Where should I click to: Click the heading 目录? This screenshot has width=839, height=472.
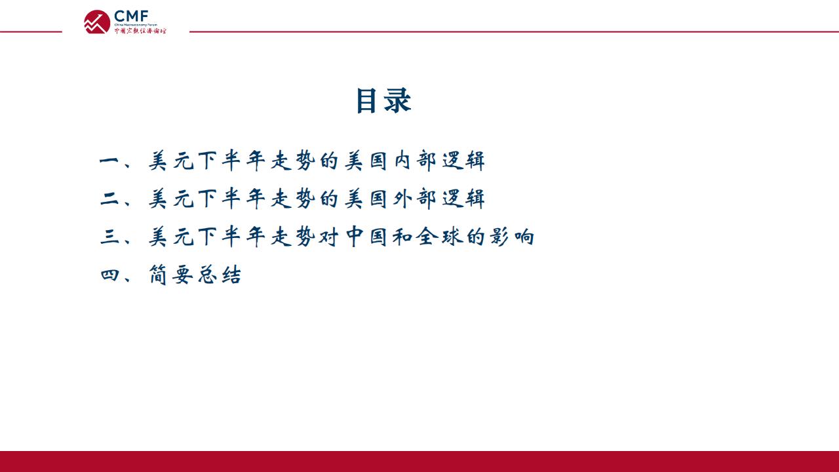point(383,100)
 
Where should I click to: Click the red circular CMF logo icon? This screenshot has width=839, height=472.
point(97,22)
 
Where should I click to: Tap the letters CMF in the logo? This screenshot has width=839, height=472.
point(131,16)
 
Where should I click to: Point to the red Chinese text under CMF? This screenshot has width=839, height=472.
point(140,31)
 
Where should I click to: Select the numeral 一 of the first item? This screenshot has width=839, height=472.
point(109,161)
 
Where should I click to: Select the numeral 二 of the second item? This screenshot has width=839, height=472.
point(109,199)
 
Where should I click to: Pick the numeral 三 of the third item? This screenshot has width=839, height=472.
point(109,237)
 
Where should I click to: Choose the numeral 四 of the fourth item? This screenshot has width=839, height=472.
point(109,275)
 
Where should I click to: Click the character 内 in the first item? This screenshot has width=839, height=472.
point(402,161)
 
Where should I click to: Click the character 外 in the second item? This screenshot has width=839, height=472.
point(402,199)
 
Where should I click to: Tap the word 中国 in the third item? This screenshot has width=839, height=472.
point(366,237)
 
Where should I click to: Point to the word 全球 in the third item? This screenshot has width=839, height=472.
point(439,237)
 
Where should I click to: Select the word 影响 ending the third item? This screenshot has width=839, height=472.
point(512,237)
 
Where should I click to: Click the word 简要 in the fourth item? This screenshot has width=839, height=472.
point(171,275)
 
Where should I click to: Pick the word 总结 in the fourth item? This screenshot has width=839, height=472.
point(220,275)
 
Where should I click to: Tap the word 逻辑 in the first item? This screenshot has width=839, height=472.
point(463,161)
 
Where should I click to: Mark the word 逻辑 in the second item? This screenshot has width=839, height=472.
point(463,199)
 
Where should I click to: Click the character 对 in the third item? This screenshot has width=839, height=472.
point(329,237)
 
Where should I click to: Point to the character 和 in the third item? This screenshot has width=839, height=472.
point(402,237)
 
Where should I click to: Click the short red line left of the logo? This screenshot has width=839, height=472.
point(31,32)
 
